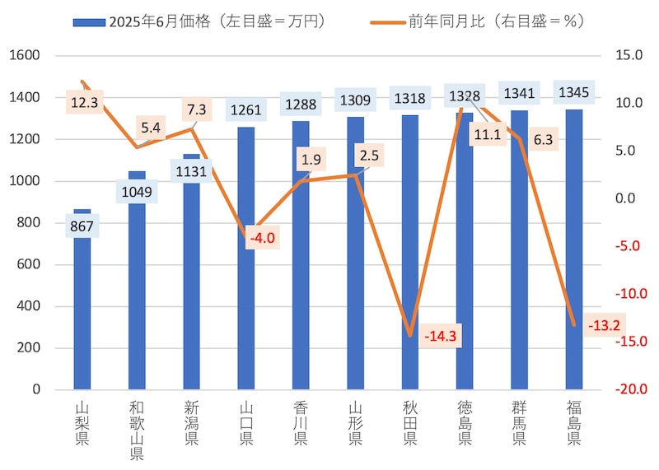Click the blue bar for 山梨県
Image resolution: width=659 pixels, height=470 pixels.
(82, 313)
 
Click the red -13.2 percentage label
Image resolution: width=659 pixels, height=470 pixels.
(605, 325)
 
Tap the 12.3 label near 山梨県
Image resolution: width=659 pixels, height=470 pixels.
(85, 103)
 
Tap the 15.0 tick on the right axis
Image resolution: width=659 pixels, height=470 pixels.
(628, 56)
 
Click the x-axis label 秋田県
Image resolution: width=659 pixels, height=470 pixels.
(410, 423)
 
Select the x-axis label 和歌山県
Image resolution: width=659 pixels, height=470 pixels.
(137, 430)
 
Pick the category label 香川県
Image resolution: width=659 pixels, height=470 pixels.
(301, 423)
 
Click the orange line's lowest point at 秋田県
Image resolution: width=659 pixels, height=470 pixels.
(410, 335)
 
